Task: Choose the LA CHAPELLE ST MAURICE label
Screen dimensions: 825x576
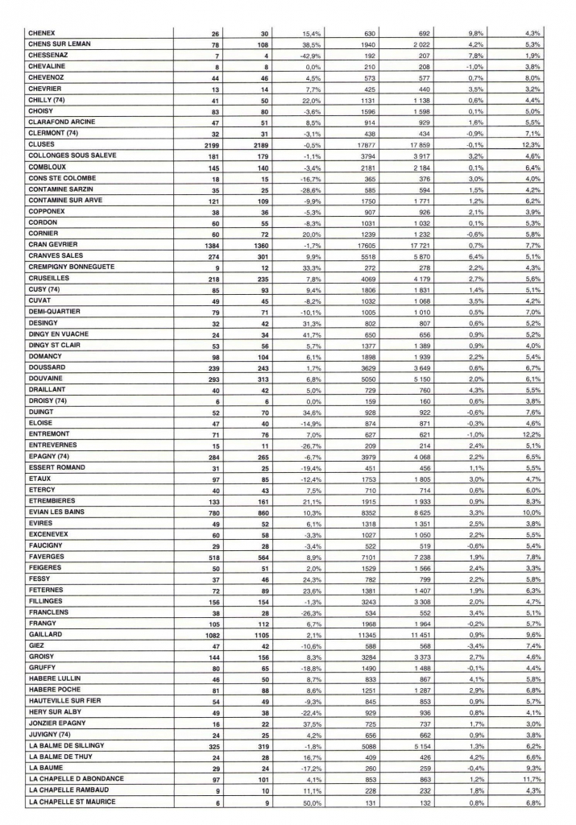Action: pos(72,801)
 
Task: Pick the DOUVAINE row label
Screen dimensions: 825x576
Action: pos(47,400)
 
